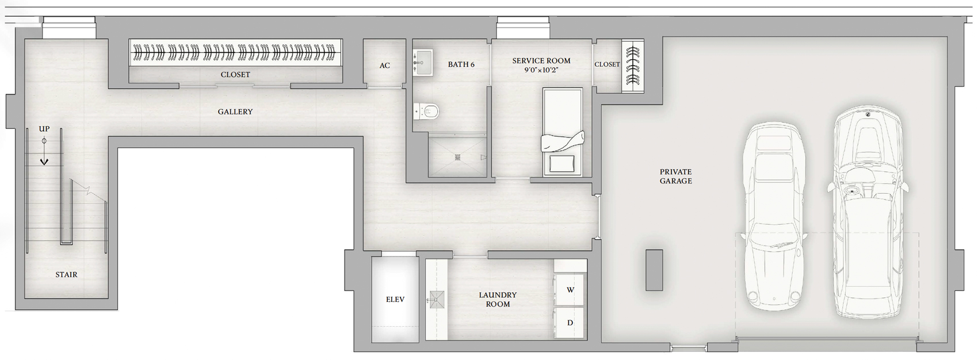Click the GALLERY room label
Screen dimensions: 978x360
[x=235, y=112]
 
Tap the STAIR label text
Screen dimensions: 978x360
[x=66, y=274]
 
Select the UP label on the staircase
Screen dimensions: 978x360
[x=44, y=129]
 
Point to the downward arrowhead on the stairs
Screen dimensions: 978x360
[x=44, y=162]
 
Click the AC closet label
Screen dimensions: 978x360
[x=385, y=66]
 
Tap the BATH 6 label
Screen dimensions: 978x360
[x=461, y=64]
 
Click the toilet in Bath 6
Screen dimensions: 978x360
[x=427, y=112]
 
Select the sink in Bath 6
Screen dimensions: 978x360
[x=423, y=63]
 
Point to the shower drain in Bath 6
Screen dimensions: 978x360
[x=457, y=157]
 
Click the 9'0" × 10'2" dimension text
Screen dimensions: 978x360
[x=541, y=70]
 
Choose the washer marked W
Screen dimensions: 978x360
[x=569, y=290]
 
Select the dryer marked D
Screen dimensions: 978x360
[x=569, y=323]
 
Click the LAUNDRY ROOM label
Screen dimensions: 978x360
[x=498, y=300]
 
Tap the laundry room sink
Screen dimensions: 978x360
[x=435, y=300]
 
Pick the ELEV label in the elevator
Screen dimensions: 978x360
[x=395, y=300]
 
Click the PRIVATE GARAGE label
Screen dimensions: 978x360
[x=676, y=177]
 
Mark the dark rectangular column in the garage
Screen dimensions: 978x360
[x=655, y=270]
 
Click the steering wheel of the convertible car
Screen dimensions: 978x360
[x=850, y=191]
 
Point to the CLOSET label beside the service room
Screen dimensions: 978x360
[x=608, y=64]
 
